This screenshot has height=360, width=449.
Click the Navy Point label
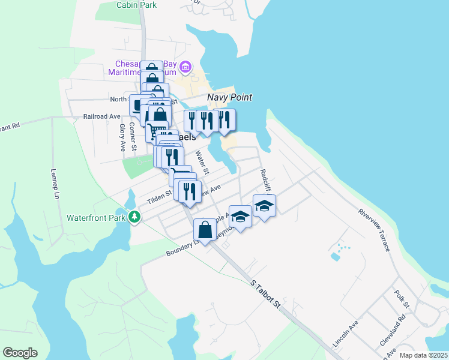point(229,97)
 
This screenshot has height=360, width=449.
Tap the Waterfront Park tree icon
point(136,217)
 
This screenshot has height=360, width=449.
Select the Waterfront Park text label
point(96,217)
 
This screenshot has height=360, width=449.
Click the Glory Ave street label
point(122,137)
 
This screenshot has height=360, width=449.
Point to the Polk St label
point(402,299)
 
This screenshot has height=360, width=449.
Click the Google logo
point(20,353)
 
